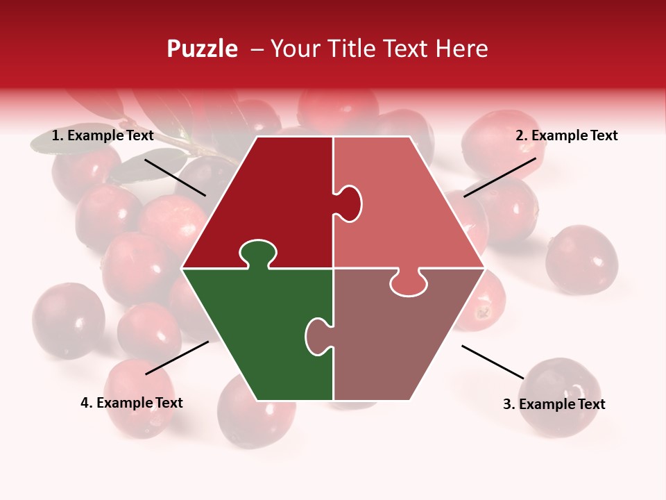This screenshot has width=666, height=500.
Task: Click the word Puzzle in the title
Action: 202,49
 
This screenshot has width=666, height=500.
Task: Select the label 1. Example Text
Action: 103,135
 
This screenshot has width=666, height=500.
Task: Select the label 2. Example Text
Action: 566,135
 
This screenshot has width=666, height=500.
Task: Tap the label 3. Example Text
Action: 554,404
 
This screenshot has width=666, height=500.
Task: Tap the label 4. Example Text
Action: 132,403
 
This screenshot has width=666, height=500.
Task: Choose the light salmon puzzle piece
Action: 402,208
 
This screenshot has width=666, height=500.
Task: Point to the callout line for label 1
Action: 175,177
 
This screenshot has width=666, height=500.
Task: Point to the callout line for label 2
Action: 499,177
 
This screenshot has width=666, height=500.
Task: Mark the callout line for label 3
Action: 493,362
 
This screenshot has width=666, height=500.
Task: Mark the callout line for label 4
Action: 177,358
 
